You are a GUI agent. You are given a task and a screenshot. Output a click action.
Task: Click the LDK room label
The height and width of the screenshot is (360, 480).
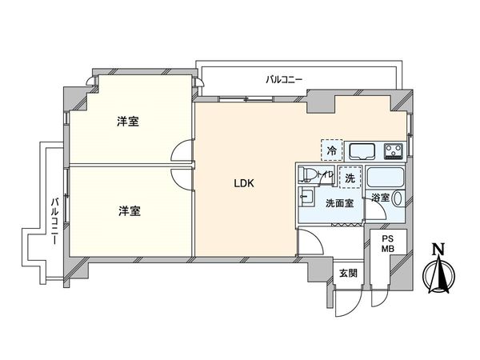tap(243, 183)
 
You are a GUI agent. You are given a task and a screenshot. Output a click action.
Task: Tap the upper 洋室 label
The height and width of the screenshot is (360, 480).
tap(128, 122)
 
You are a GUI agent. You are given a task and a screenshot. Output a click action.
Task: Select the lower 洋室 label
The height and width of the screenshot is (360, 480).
tap(130, 211)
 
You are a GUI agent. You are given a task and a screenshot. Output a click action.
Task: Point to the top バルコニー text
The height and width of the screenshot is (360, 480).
tap(283, 79)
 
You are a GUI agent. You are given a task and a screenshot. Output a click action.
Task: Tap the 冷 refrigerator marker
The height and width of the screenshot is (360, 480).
tap(331, 148)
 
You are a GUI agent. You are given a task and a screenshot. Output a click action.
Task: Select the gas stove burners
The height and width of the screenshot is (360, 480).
tap(394, 150)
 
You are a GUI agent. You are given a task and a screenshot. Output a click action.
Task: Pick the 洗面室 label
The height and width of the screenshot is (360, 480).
tap(338, 204)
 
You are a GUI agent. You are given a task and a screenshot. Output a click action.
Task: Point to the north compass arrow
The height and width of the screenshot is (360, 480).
tap(438, 276)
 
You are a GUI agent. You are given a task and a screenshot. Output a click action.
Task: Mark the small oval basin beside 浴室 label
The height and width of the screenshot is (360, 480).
tap(398, 197)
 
